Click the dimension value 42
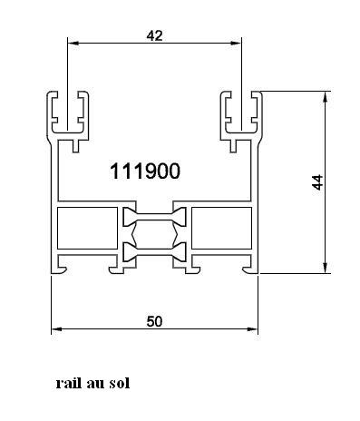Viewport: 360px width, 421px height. point(154,35)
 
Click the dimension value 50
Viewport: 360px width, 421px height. point(154,321)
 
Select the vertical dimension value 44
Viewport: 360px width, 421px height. point(317,182)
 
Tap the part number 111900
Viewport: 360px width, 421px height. point(145,171)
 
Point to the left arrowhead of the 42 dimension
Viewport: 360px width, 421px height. point(73,44)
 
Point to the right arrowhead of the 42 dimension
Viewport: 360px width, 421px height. point(236,44)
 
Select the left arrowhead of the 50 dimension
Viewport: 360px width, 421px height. point(57,329)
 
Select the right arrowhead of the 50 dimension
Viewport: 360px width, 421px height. point(252,329)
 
